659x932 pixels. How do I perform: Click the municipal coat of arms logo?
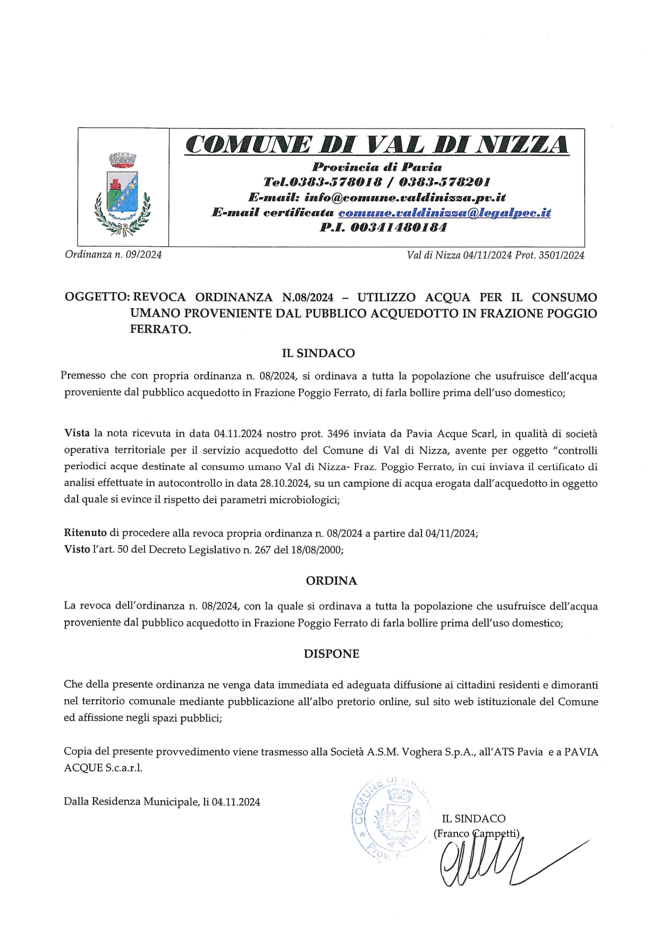tap(123, 193)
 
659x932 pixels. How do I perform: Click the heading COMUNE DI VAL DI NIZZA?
tap(377, 145)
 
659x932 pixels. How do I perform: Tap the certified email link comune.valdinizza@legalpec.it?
tap(444, 213)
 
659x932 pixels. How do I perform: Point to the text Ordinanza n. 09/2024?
tap(113, 255)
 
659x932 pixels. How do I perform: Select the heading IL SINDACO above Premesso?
tap(318, 353)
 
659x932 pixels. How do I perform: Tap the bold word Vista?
tap(77, 434)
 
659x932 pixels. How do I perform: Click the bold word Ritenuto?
tap(85, 533)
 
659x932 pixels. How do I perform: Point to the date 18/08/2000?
tap(317, 550)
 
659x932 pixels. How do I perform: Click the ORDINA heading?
tap(331, 581)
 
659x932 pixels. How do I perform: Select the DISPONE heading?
tap(331, 654)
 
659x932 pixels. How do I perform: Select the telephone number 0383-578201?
tap(444, 182)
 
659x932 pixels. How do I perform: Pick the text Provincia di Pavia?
tap(377, 167)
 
